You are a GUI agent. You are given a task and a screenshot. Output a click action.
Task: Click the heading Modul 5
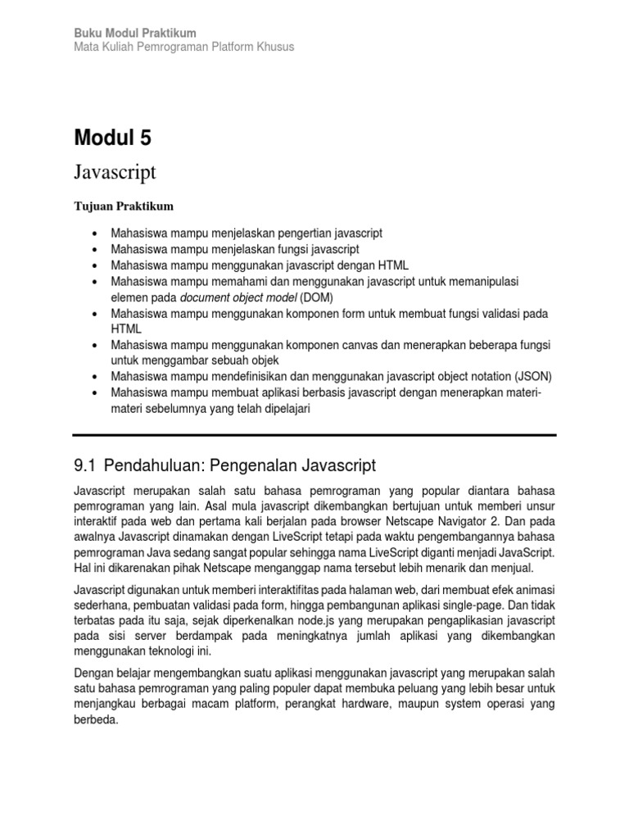(x=112, y=138)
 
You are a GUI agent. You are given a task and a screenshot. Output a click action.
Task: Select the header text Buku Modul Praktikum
(x=135, y=33)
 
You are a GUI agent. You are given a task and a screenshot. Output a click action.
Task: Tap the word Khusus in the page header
(x=275, y=47)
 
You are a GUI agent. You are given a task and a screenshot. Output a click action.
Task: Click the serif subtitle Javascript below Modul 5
(x=115, y=172)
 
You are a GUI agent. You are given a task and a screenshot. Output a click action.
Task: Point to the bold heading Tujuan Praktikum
(x=124, y=206)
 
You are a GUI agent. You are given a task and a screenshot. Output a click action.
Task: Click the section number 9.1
(x=85, y=466)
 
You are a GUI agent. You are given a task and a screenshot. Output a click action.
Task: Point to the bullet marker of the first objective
(x=97, y=234)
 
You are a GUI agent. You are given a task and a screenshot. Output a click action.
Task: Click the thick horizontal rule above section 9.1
(x=314, y=435)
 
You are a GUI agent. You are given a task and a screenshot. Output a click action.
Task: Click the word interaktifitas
(x=277, y=588)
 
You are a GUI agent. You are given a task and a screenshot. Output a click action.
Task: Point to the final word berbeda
(x=96, y=721)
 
